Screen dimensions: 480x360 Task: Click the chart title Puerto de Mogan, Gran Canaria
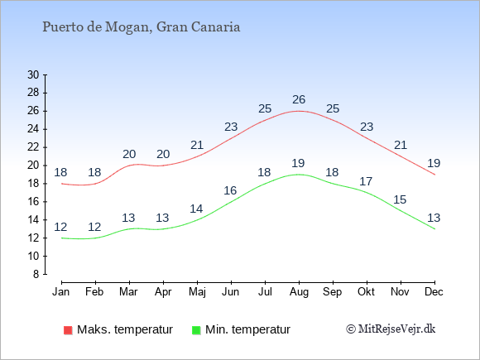(142, 27)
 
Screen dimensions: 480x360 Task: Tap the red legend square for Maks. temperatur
(68, 330)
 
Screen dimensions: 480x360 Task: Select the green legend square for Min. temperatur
(196, 330)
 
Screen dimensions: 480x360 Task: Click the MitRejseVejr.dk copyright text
(391, 329)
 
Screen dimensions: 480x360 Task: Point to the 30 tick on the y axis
(33, 74)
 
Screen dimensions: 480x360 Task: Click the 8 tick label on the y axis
(36, 274)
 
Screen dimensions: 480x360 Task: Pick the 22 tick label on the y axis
(33, 147)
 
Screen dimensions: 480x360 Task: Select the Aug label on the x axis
(299, 292)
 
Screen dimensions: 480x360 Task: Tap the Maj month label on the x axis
(197, 292)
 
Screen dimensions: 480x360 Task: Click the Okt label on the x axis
(366, 292)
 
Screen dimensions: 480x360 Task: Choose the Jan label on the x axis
(61, 292)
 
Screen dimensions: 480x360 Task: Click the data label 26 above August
(299, 99)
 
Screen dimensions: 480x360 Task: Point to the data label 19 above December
(434, 163)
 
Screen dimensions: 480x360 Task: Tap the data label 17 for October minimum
(366, 181)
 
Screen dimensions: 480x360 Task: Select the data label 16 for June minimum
(230, 190)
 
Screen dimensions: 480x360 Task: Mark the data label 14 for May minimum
(196, 209)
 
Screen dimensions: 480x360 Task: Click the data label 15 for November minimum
(400, 200)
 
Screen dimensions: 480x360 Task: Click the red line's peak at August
(299, 111)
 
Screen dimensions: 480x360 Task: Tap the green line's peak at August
(299, 175)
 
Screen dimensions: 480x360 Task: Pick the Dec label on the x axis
(434, 292)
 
